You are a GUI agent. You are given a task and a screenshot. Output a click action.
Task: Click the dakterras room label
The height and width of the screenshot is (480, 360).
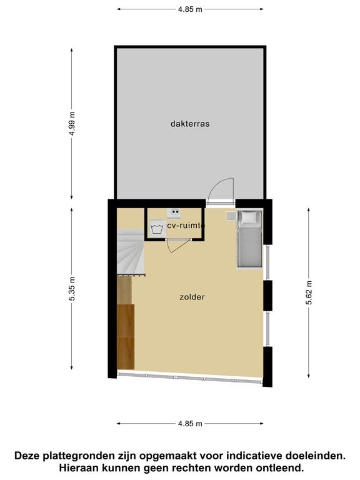pyautogui.click(x=190, y=124)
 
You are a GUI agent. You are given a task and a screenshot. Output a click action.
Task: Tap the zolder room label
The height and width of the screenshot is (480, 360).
pyautogui.click(x=192, y=297)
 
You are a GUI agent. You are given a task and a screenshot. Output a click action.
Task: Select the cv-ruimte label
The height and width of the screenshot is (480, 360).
pyautogui.click(x=186, y=226)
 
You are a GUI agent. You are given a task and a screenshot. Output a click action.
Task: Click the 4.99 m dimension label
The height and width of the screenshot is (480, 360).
pyautogui.click(x=72, y=124)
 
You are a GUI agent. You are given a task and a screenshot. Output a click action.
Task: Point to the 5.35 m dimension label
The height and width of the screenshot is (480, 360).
pyautogui.click(x=72, y=289)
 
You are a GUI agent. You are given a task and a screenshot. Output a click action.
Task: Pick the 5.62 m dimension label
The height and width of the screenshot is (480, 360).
pyautogui.click(x=309, y=292)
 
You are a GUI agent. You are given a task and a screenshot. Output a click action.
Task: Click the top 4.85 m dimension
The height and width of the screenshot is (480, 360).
pyautogui.click(x=190, y=9)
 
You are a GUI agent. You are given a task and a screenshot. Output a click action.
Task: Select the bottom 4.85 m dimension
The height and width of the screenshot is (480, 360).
pyautogui.click(x=190, y=424)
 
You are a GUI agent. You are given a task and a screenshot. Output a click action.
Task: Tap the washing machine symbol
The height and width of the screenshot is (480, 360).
pyautogui.click(x=157, y=228)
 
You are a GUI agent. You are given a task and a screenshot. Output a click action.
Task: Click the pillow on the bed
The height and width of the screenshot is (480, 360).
pyautogui.click(x=250, y=217)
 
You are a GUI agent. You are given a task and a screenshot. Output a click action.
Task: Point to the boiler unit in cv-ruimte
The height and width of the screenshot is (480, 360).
pyautogui.click(x=173, y=212)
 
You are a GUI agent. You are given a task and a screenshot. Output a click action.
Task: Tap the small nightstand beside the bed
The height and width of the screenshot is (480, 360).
pyautogui.click(x=231, y=216)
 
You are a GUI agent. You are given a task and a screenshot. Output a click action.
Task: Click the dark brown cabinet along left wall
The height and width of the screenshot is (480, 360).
pyautogui.click(x=126, y=337)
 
